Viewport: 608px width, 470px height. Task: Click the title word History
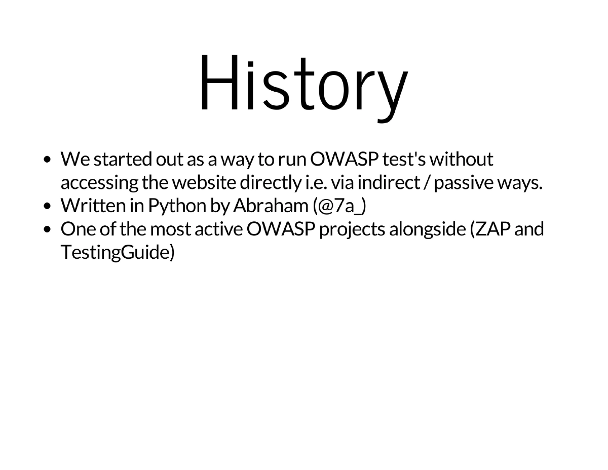303,84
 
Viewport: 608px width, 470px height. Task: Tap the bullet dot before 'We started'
47,160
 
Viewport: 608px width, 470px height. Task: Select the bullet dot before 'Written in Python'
47,206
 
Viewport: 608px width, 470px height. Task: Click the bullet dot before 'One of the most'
47,229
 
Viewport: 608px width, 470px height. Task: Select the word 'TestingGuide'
115,252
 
